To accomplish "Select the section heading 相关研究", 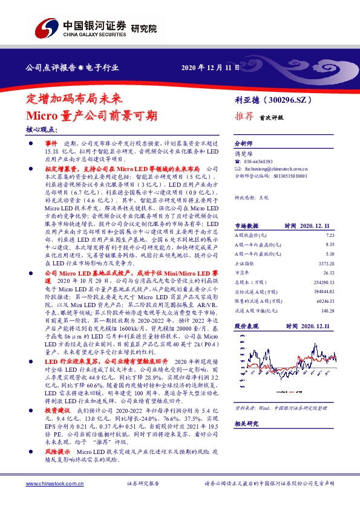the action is click(x=246, y=424).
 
